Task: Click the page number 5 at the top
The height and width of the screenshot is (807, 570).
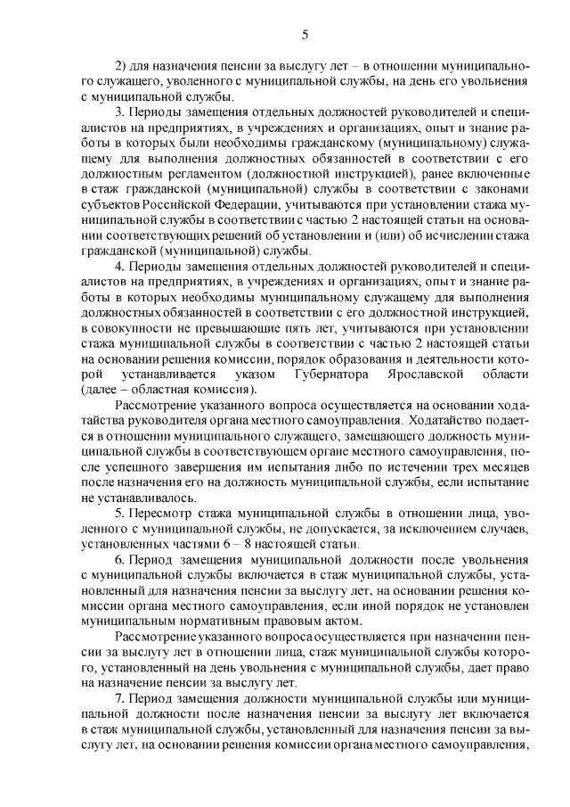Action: point(305,35)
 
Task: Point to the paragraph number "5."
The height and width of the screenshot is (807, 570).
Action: point(121,514)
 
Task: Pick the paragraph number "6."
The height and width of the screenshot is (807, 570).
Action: point(121,560)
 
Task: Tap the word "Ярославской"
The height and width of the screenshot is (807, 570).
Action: point(428,375)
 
